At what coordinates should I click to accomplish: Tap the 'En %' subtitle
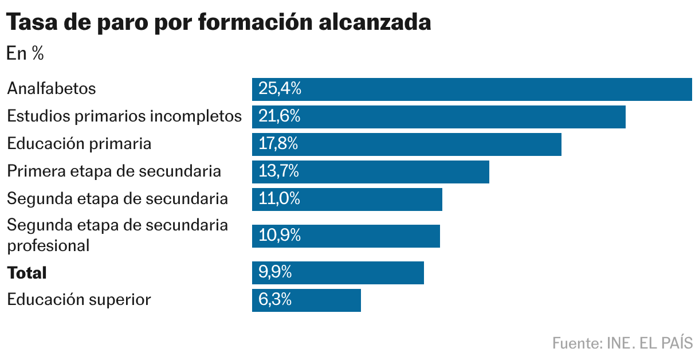(x=25, y=54)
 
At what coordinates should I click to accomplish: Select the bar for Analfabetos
(x=472, y=89)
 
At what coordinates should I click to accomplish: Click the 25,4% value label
(x=280, y=89)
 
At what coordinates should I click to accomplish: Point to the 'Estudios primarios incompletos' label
(x=124, y=116)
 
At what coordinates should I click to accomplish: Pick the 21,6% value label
(x=280, y=116)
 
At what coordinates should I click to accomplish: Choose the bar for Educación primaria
(x=406, y=144)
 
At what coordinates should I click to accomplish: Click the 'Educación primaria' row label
(x=79, y=144)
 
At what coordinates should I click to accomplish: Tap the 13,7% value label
(x=279, y=171)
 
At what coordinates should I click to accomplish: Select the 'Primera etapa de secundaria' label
(x=114, y=171)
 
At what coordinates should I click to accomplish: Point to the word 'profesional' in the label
(x=48, y=245)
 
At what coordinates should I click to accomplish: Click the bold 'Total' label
(x=27, y=273)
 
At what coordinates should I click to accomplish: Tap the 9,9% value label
(x=275, y=273)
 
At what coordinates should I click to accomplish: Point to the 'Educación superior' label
(x=79, y=300)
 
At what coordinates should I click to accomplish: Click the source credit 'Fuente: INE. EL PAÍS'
(x=622, y=343)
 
